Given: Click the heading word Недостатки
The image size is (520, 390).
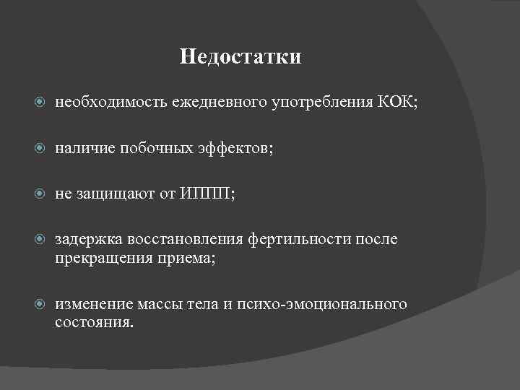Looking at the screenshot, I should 240,56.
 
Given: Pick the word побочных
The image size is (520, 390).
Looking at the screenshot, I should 151,148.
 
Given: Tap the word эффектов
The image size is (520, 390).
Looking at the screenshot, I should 235,148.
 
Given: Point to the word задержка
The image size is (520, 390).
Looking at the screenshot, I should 87,239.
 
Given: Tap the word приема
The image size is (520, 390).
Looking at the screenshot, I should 188,256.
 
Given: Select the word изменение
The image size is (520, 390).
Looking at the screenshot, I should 92,304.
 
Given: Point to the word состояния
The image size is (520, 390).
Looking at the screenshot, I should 94,321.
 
